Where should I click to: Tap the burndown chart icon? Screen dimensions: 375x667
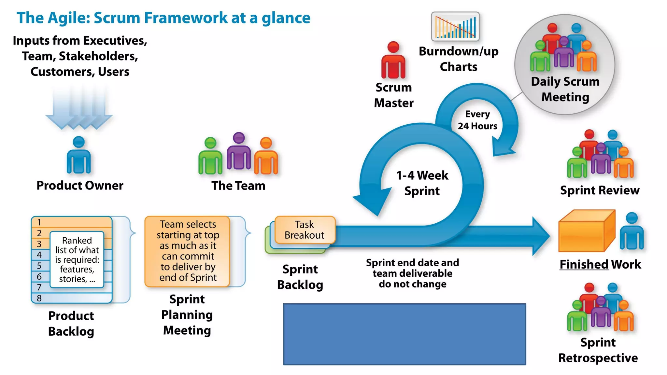[x=455, y=26]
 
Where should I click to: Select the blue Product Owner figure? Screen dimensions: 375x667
[x=78, y=155]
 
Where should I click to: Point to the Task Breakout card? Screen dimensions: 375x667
[x=305, y=230]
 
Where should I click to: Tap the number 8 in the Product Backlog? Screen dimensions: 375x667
[x=39, y=298]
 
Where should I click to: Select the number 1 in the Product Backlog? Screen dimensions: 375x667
[x=39, y=222]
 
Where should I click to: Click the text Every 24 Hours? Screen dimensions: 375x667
[x=477, y=120]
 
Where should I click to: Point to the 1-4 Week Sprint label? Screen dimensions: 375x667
[x=422, y=183]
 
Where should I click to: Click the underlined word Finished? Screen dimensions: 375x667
[x=584, y=264]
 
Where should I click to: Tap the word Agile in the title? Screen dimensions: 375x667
[x=69, y=18]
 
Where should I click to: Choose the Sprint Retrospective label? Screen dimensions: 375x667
[x=598, y=350]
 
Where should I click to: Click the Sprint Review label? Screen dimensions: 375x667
[x=600, y=190]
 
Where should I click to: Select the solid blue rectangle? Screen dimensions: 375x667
[x=404, y=334]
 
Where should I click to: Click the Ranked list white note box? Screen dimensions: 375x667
[x=77, y=259]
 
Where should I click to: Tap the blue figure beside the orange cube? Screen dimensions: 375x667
[x=632, y=231]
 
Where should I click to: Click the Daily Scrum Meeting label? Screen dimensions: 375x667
[x=565, y=89]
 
